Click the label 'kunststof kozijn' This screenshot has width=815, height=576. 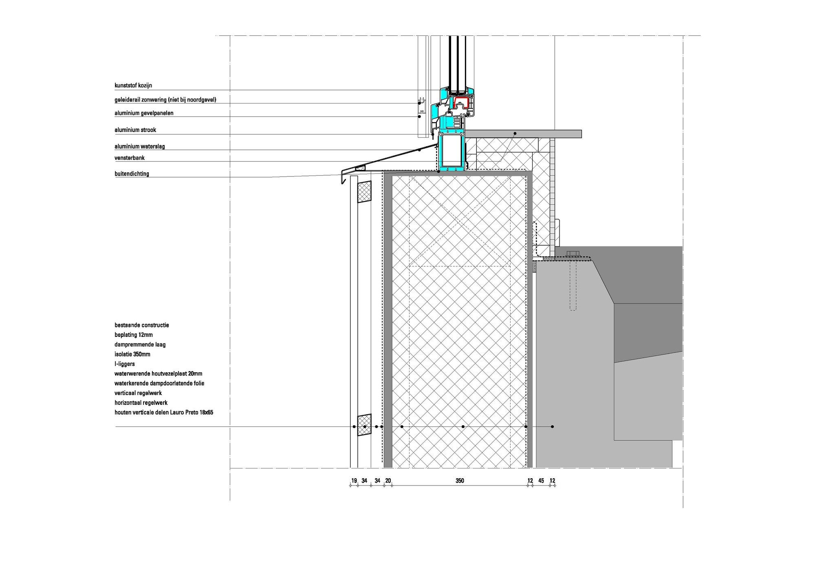pyautogui.click(x=133, y=86)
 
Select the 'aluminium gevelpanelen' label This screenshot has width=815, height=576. pyautogui.click(x=144, y=113)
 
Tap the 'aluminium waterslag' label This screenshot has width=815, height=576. pyautogui.click(x=140, y=146)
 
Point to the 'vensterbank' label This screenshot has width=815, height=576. pyautogui.click(x=130, y=158)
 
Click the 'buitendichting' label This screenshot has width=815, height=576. pyautogui.click(x=132, y=174)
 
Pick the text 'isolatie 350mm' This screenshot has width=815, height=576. pyautogui.click(x=132, y=354)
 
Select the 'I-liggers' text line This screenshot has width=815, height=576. pyautogui.click(x=125, y=364)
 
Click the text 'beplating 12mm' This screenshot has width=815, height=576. pyautogui.click(x=134, y=335)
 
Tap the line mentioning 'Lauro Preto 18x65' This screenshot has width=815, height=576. pyautogui.click(x=164, y=413)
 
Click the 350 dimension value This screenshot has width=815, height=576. pyautogui.click(x=460, y=481)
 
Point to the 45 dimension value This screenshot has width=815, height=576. pyautogui.click(x=541, y=481)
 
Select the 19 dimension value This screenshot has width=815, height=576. pyautogui.click(x=354, y=481)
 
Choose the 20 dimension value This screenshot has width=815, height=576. pyautogui.click(x=388, y=481)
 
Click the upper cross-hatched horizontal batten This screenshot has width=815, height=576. pyautogui.click(x=364, y=192)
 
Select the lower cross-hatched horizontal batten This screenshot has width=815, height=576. pyautogui.click(x=364, y=425)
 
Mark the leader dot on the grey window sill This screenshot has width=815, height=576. pyautogui.click(x=515, y=134)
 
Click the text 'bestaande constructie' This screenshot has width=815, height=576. pyautogui.click(x=142, y=325)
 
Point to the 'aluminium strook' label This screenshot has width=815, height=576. pyautogui.click(x=135, y=130)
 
